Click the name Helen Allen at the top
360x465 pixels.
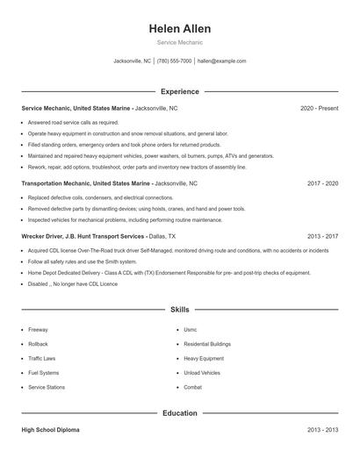point(179,29)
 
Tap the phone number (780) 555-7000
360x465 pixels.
point(174,61)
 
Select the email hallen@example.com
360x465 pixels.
point(221,61)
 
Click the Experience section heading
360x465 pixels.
point(179,91)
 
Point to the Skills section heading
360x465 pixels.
point(179,310)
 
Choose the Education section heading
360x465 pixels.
point(179,412)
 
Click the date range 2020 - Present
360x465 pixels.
point(319,108)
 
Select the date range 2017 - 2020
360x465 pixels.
point(322,184)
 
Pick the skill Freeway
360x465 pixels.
point(38,330)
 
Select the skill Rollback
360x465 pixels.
point(38,344)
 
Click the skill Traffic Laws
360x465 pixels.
point(41,359)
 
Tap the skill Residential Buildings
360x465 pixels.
point(207,344)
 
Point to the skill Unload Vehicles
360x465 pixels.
point(202,373)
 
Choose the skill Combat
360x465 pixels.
point(192,387)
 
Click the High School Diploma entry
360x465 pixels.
point(51,430)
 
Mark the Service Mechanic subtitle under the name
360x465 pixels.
point(179,42)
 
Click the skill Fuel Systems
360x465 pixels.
point(43,373)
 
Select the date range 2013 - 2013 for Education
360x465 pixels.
point(322,430)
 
